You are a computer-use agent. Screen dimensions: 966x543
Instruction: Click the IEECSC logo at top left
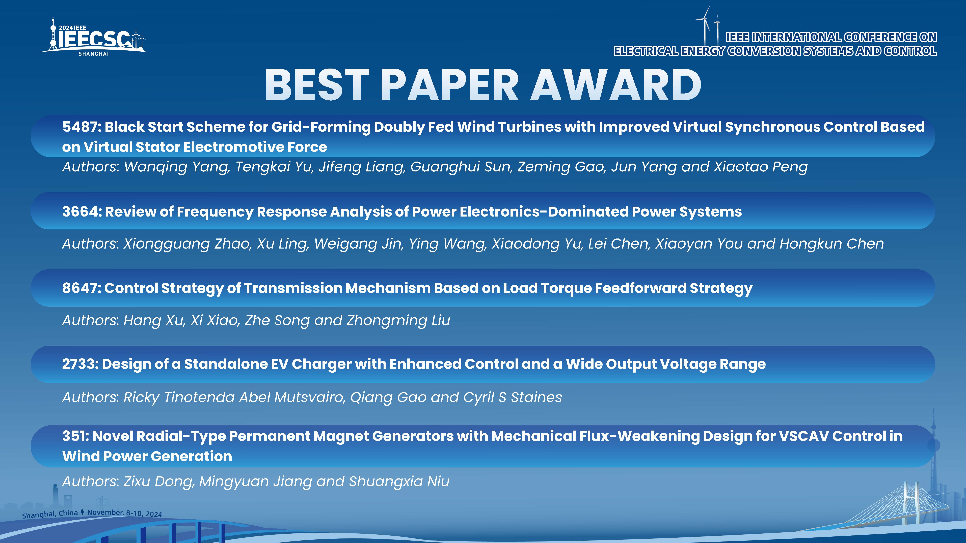(x=93, y=36)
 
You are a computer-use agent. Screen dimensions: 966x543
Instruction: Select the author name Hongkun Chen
(x=832, y=244)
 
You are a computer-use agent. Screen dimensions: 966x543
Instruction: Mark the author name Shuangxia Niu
(x=399, y=481)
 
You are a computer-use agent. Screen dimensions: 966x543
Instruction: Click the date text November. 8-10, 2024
(x=124, y=513)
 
